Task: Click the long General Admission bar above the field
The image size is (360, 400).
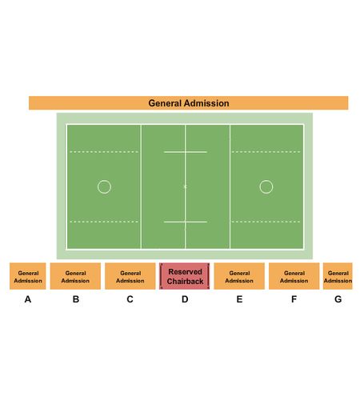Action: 188,103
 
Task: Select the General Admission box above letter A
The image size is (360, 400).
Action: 28,276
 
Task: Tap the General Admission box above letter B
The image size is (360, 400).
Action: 75,276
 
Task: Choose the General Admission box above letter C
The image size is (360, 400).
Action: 130,276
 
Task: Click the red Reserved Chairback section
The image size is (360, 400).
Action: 185,276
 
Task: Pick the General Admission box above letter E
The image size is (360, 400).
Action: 239,276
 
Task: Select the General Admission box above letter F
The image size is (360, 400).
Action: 294,276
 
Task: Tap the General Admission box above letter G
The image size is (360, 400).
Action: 338,276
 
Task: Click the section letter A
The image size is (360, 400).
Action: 28,299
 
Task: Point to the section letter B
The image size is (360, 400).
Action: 76,299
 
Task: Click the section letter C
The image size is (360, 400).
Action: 130,299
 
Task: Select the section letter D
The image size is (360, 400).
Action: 185,299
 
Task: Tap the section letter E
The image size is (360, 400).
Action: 239,299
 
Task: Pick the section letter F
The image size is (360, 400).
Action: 294,299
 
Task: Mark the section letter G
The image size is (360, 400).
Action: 338,299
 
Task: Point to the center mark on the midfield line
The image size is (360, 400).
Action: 185,186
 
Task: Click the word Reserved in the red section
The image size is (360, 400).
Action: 185,272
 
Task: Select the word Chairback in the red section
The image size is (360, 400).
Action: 185,281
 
